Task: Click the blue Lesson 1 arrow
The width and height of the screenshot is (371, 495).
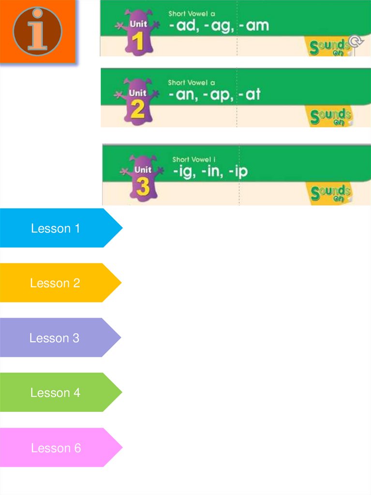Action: tap(58, 228)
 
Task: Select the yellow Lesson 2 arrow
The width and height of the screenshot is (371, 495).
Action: tap(57, 283)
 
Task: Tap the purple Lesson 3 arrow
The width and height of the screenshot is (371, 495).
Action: tap(57, 338)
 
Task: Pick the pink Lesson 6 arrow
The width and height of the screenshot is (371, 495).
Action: tap(58, 448)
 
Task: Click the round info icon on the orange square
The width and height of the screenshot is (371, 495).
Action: tap(37, 31)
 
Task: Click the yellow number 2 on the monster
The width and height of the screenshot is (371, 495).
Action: tap(138, 110)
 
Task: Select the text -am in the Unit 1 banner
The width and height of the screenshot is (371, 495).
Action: tap(252, 26)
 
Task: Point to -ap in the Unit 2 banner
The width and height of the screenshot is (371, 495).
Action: tap(218, 95)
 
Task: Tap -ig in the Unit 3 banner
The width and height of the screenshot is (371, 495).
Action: tap(184, 172)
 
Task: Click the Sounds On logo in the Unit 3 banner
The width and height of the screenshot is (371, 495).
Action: tap(330, 194)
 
